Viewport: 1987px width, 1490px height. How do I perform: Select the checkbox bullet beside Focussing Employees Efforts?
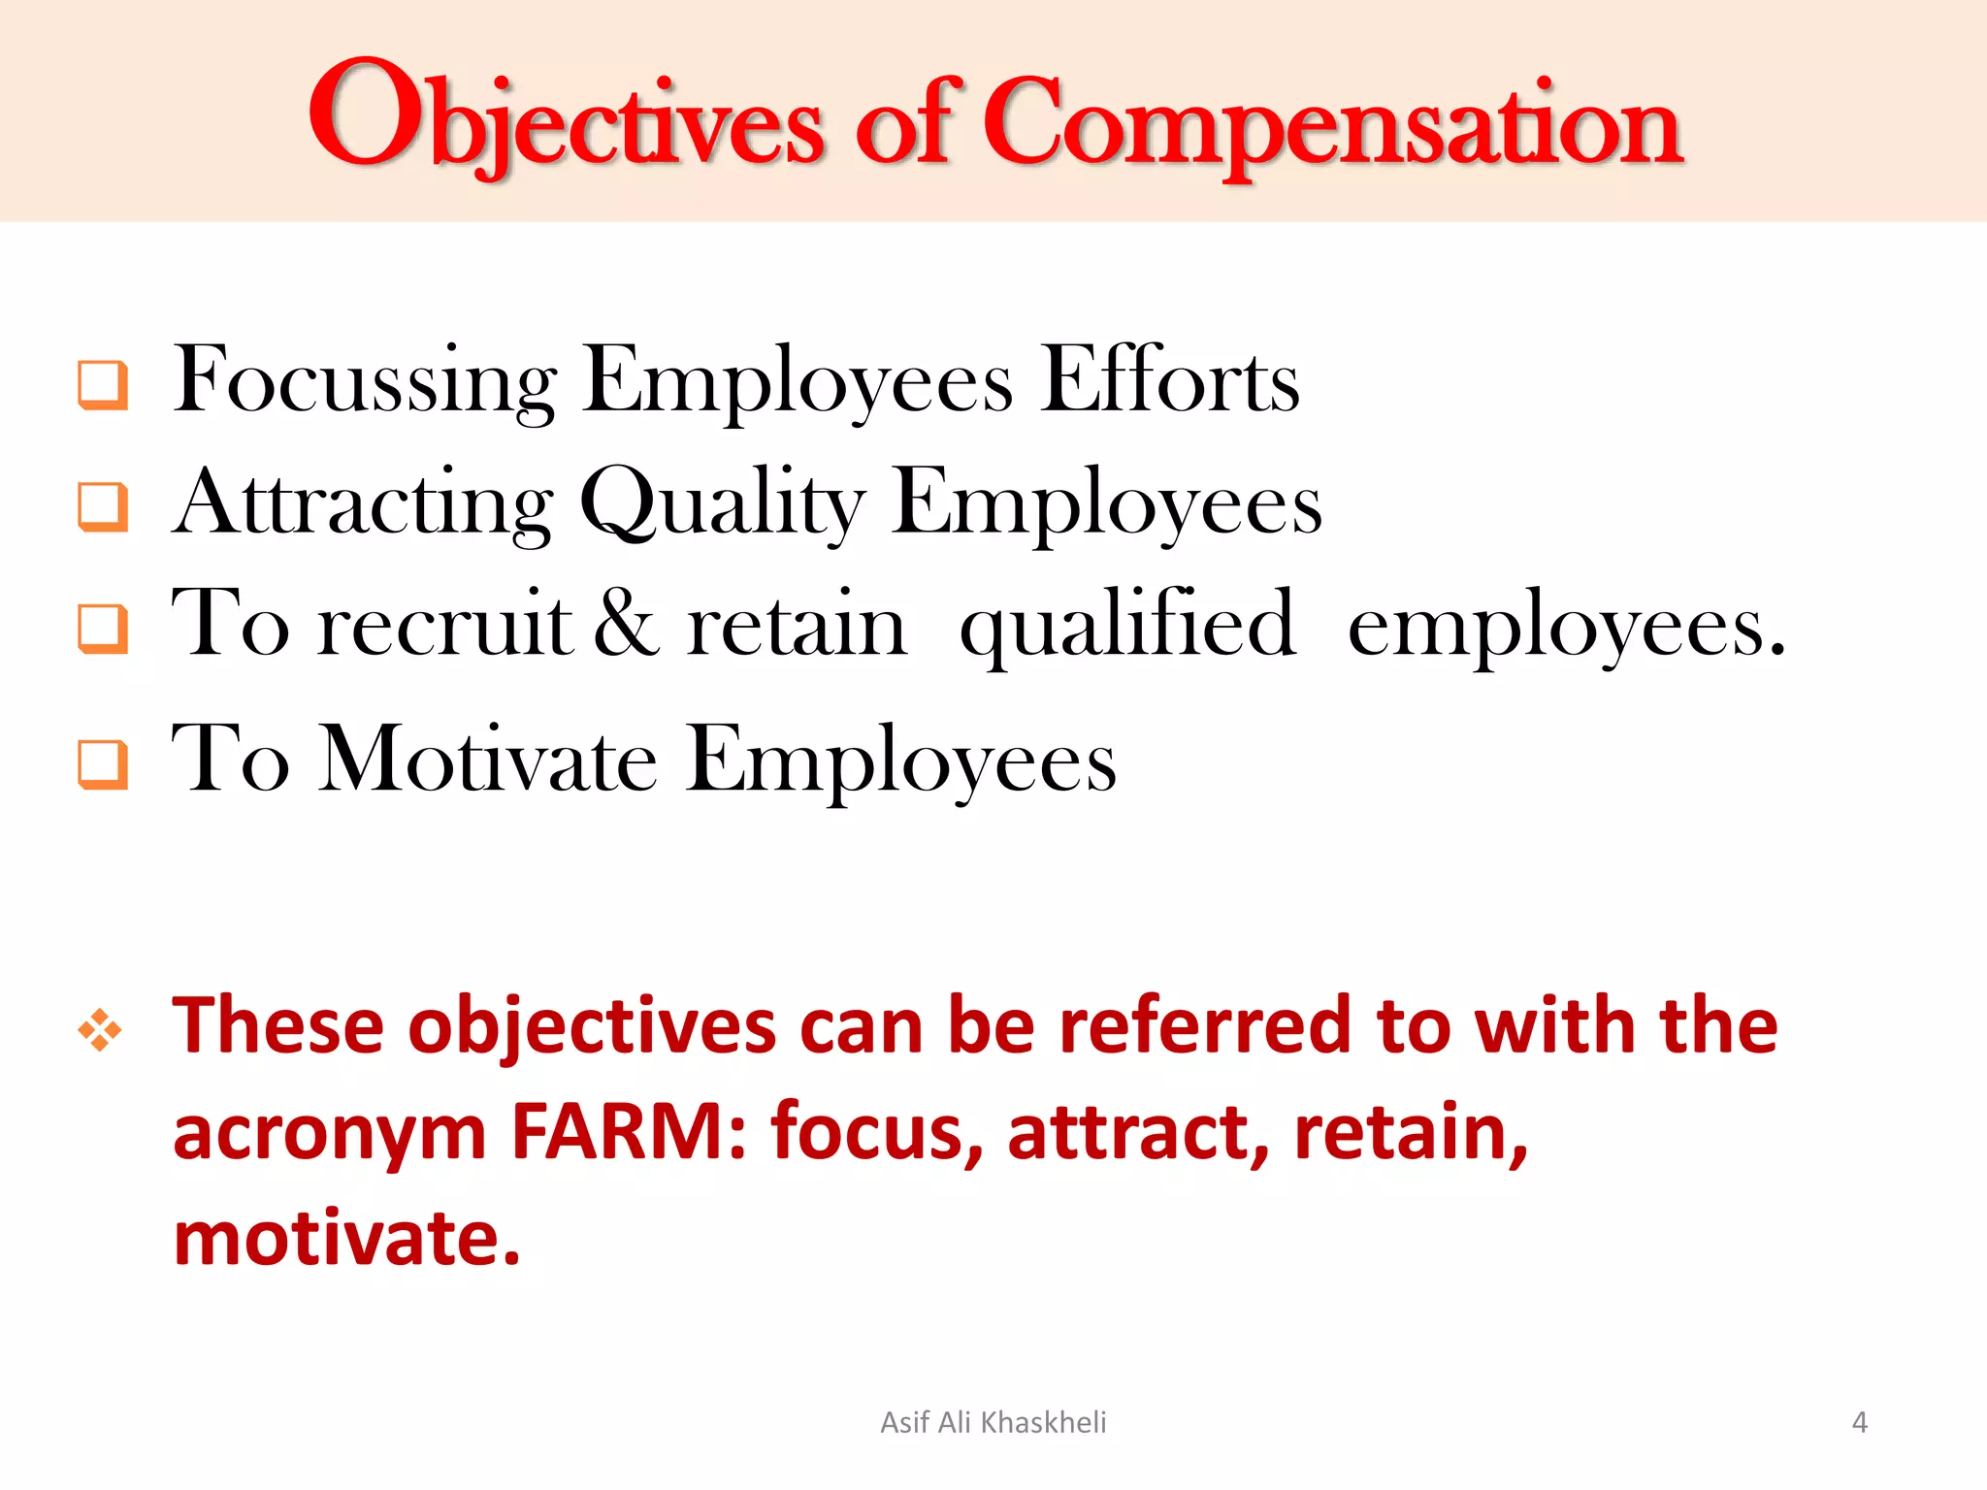103,385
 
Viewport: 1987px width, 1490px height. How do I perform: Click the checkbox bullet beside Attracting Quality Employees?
103,506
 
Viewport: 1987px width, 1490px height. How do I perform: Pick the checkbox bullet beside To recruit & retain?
103,629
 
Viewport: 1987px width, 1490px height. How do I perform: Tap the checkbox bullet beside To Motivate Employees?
103,764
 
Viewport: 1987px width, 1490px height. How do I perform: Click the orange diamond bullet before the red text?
100,1029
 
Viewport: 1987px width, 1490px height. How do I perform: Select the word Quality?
722,503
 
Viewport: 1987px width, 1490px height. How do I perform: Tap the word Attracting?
363,503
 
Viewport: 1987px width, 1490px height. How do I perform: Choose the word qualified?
1127,627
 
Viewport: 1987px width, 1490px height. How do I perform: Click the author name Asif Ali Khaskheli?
993,1422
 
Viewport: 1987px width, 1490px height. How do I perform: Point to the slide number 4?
1859,1422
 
